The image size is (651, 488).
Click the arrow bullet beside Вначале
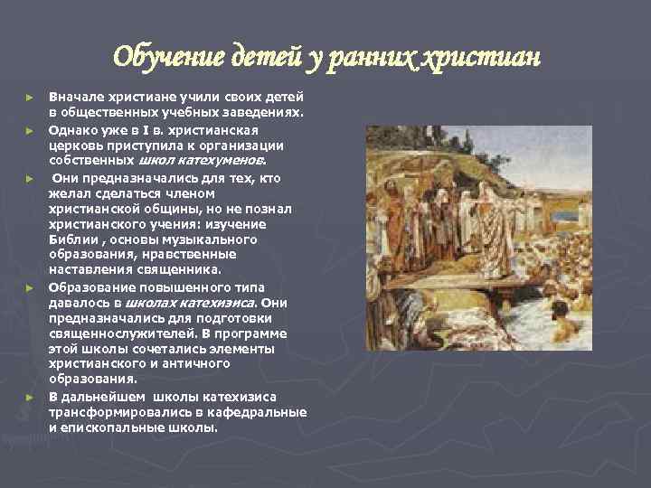click(30, 97)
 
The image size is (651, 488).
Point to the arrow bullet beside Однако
click(30, 130)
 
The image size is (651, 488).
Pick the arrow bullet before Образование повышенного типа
click(30, 286)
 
